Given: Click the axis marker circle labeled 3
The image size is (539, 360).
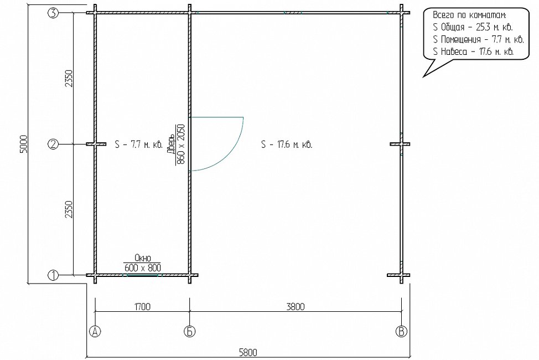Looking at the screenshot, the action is (53, 13).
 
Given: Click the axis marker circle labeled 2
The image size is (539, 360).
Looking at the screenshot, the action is (53, 144).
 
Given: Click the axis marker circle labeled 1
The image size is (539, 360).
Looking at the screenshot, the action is (53, 275).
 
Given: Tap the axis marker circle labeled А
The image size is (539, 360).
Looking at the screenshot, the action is (95, 331).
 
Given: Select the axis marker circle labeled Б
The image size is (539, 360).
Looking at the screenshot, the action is (189, 331).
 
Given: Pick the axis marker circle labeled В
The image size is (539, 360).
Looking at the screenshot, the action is (401, 331).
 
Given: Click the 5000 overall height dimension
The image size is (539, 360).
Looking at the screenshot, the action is (23, 144).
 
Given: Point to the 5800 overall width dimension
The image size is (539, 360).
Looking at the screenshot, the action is (248, 353).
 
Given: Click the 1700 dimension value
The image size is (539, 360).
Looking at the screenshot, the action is (142, 306).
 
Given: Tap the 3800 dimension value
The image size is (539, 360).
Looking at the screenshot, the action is (296, 306).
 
